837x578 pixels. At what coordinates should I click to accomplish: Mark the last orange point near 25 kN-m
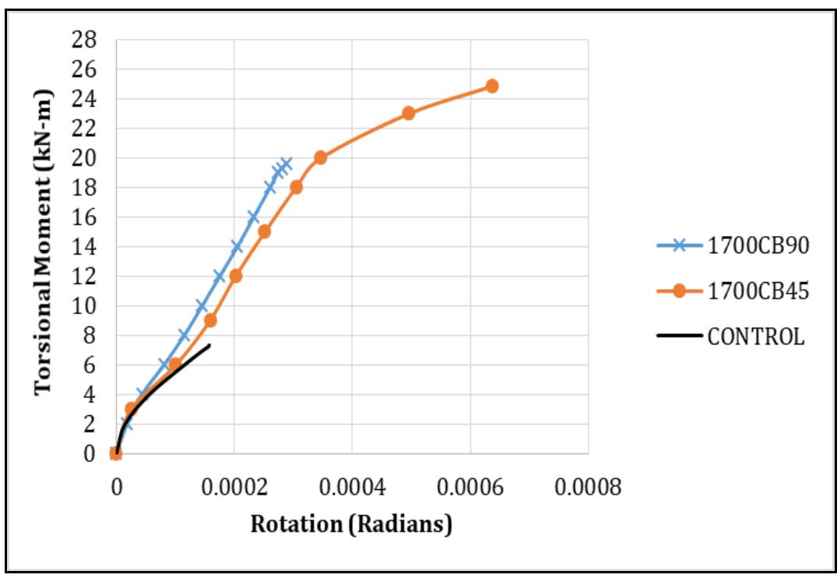point(492,86)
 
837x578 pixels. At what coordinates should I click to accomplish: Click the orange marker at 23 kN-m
point(409,113)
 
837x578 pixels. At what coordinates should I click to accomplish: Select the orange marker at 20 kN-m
point(320,157)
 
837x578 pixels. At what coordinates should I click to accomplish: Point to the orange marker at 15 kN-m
point(264,231)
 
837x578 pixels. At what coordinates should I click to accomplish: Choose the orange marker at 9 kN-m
point(210,320)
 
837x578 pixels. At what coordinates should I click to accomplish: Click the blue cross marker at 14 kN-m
point(237,247)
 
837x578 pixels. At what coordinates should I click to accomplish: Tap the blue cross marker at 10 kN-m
point(202,306)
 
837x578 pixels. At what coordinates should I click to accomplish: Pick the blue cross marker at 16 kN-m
point(253,217)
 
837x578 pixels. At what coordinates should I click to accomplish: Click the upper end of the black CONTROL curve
point(209,344)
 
